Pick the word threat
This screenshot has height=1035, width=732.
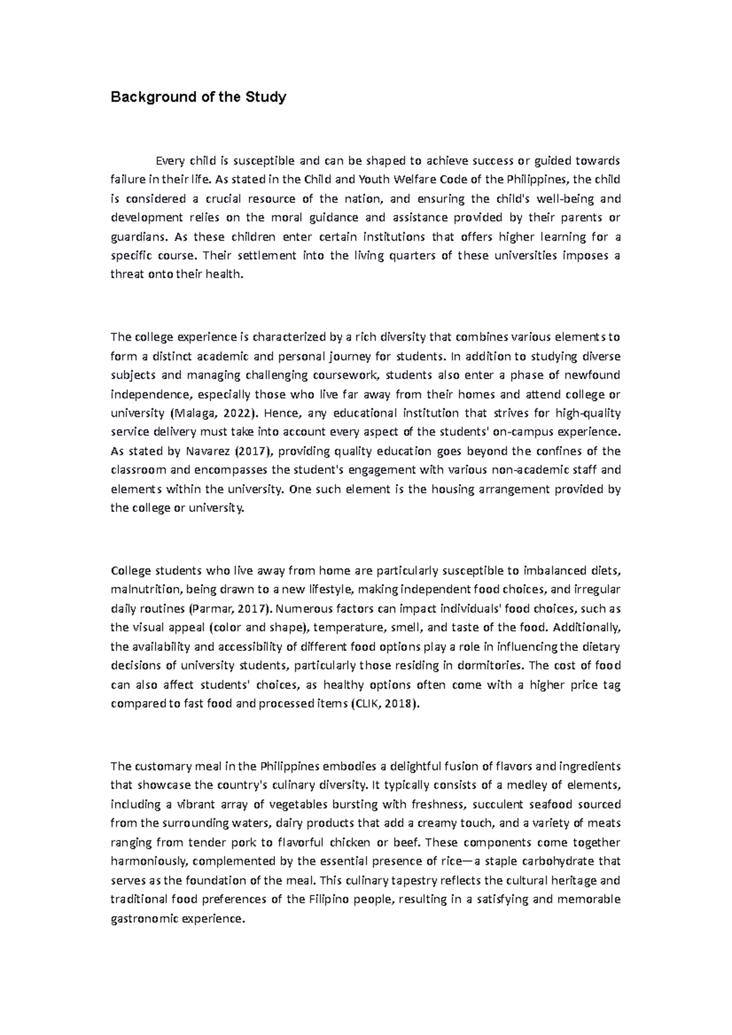pos(125,275)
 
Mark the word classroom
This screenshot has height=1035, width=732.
pos(138,470)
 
